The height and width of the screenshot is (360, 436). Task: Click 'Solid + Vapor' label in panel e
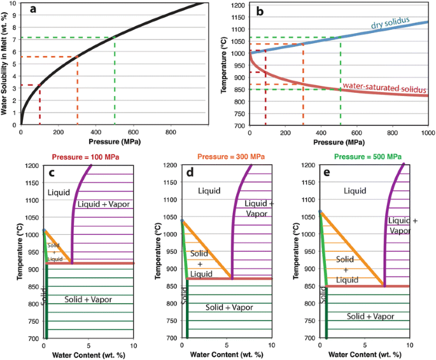(370, 315)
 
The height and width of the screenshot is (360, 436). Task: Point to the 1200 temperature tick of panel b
(237, 6)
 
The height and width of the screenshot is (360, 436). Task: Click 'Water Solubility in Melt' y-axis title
(4, 62)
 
